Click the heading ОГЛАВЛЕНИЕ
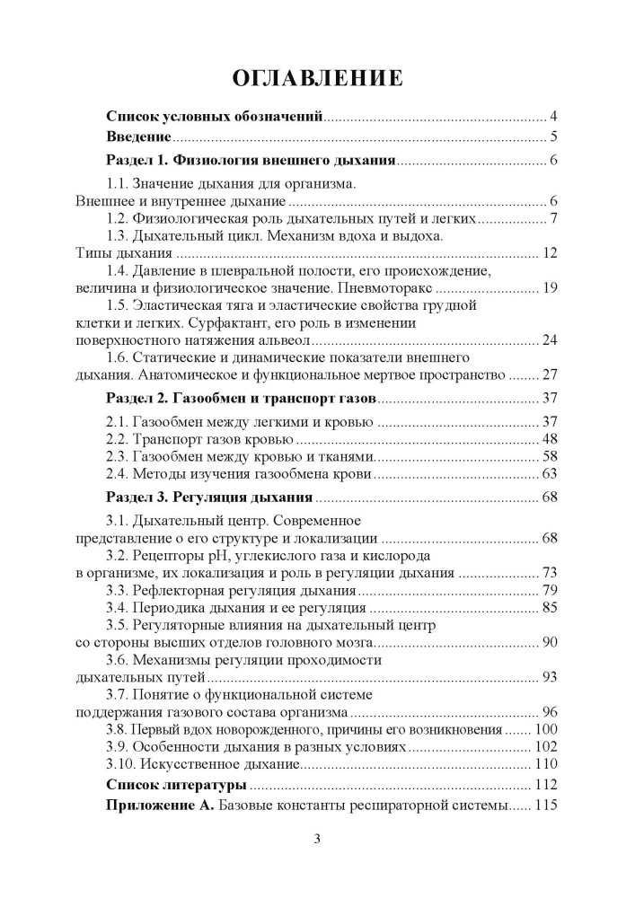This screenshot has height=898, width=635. coord(317,78)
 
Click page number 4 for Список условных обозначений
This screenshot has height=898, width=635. coord(555,117)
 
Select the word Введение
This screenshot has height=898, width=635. coord(138,137)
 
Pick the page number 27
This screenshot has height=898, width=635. coord(551,374)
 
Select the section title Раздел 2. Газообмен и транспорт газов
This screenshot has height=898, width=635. coord(242,398)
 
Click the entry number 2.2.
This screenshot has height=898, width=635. coord(119,439)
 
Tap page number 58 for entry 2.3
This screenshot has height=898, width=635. coord(551,456)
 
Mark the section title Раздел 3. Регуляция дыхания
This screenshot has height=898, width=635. coord(209,497)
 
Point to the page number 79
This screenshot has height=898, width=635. coord(551,591)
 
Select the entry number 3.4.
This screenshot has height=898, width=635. coord(119,609)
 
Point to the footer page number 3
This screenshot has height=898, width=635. coord(317,840)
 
